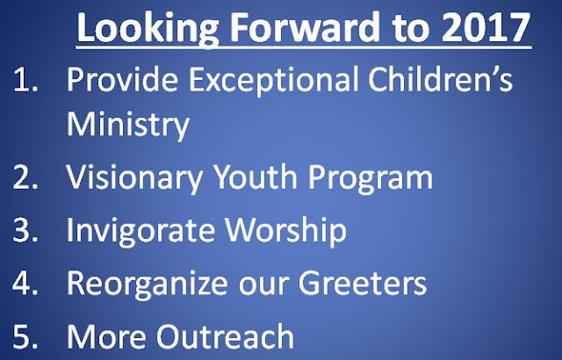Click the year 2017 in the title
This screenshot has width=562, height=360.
[x=486, y=28]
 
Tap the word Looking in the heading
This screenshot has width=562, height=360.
[x=148, y=30]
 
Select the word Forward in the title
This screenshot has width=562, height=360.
[x=305, y=27]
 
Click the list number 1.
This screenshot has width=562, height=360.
[x=25, y=80]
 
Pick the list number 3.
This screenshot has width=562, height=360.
[x=25, y=230]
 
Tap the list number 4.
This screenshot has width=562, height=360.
[x=25, y=284]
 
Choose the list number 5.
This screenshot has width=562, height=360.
[x=25, y=336]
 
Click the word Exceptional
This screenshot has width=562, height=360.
[x=273, y=81]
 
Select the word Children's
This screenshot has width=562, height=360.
[x=441, y=78]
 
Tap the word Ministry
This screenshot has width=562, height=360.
[x=128, y=126]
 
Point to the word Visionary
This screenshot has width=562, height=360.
[x=134, y=178]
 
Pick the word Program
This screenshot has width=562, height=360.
[x=371, y=178]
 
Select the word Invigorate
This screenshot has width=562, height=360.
[x=140, y=232]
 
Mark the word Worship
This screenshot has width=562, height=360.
[x=285, y=232]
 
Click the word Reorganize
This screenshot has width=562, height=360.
[x=148, y=284]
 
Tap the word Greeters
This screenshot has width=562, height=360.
[x=363, y=284]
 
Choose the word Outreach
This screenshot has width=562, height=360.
[x=225, y=336]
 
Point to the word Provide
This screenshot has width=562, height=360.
[x=122, y=78]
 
